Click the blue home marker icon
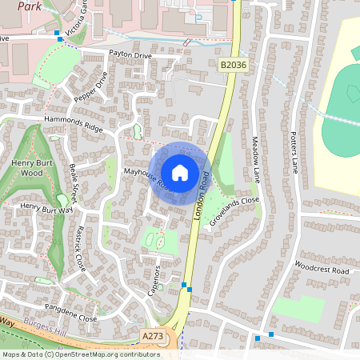[180, 173]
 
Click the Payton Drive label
[130, 55]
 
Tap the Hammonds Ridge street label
[74, 122]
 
